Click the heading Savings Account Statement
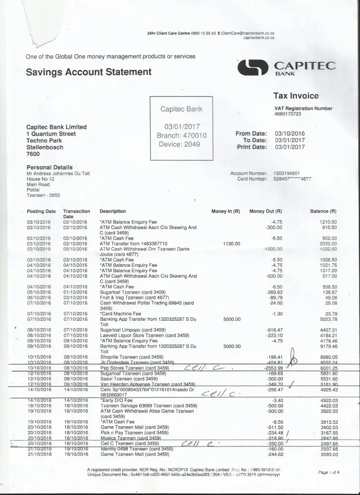[88, 72]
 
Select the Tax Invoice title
[296, 96]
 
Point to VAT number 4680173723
[291, 114]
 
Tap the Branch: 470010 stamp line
[181, 136]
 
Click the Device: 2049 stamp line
[179, 144]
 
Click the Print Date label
[252, 147]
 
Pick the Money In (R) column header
[225, 211]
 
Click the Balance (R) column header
[323, 211]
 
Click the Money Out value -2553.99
[271, 368]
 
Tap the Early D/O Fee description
[116, 400]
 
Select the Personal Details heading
[49, 167]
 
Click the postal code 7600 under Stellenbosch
[33, 154]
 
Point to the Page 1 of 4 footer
[329, 472]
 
